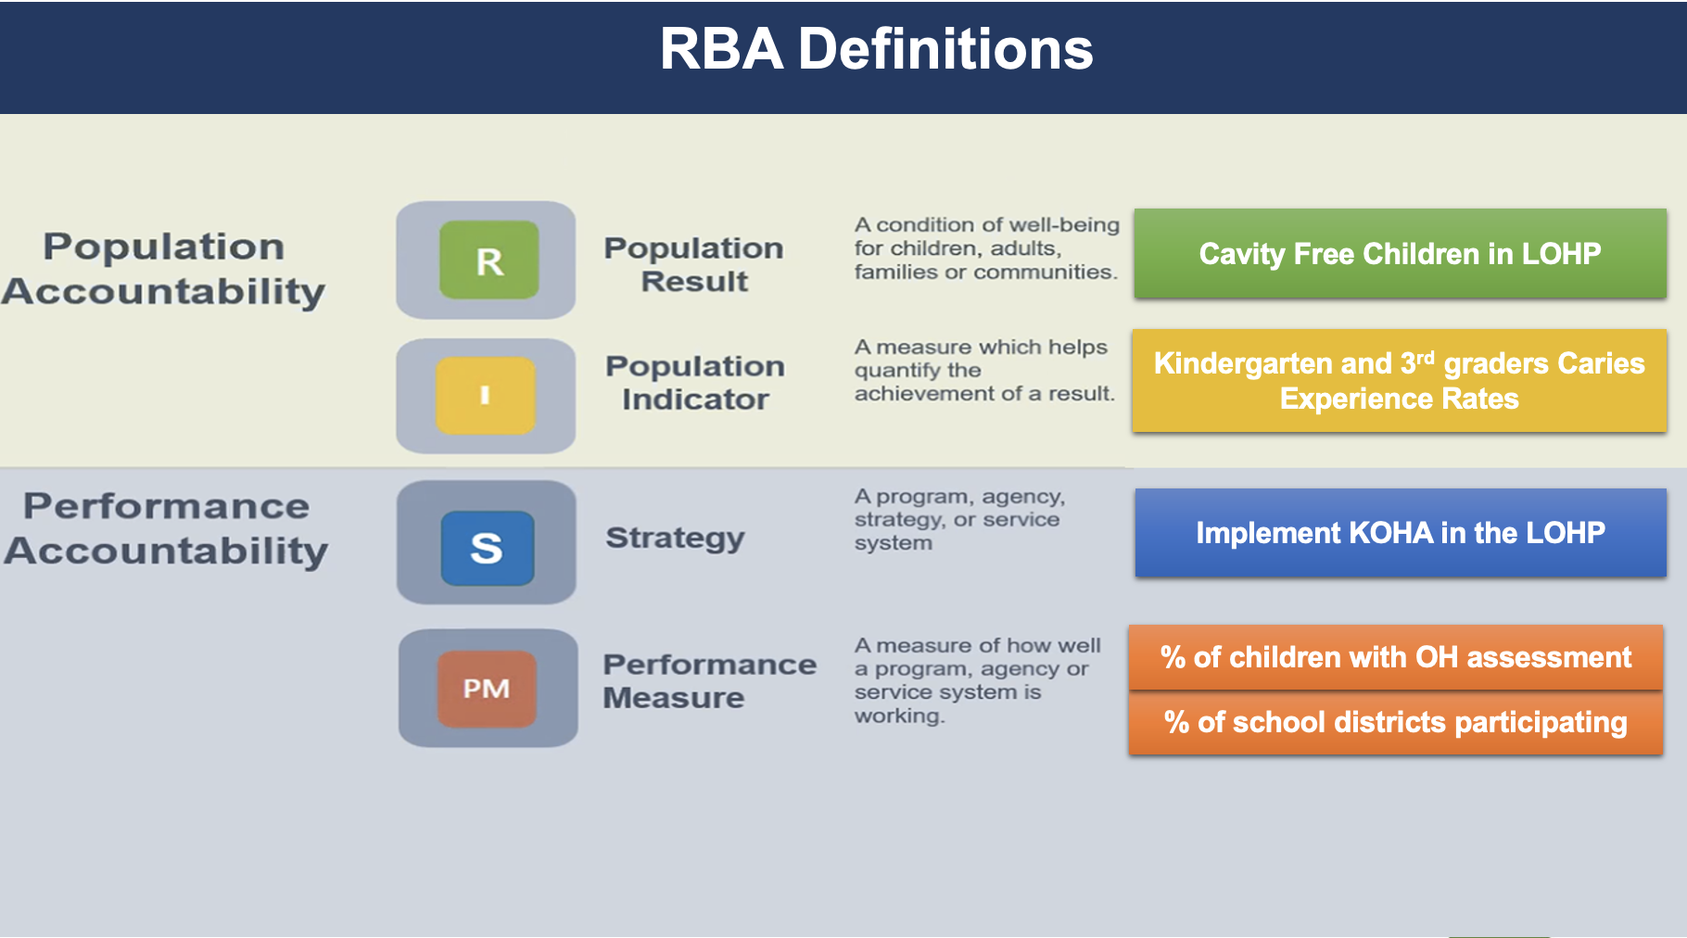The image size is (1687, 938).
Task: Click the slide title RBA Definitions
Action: [x=876, y=48]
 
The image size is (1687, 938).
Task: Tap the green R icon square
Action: [x=488, y=260]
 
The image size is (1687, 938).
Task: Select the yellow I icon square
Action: [x=486, y=396]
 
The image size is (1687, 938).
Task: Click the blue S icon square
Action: [x=488, y=548]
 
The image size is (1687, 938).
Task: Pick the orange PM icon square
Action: [x=487, y=689]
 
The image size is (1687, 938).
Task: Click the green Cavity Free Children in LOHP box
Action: [x=1400, y=253]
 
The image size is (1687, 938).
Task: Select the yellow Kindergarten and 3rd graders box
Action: [x=1399, y=380]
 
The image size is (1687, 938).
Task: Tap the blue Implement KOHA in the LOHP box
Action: [x=1401, y=533]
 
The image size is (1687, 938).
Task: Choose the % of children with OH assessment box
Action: [x=1395, y=657]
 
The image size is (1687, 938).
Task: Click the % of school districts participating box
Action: [x=1395, y=722]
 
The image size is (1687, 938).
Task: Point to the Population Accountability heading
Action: [x=164, y=269]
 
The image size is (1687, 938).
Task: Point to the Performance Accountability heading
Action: [x=166, y=528]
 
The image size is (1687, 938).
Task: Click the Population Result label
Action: [x=694, y=264]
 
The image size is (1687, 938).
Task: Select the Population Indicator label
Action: [x=695, y=383]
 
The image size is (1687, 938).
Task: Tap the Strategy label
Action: [x=675, y=538]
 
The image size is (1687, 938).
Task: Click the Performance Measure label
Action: [x=710, y=681]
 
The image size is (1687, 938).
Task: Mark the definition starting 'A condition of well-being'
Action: [x=986, y=248]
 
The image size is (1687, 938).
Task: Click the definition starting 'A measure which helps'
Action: [x=984, y=370]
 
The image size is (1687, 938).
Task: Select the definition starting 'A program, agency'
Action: [x=959, y=520]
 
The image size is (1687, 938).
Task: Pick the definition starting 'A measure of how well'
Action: [x=977, y=680]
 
